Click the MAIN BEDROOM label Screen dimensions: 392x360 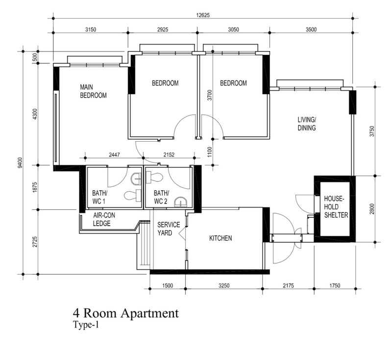[93, 91]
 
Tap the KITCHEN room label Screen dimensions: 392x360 [220, 238]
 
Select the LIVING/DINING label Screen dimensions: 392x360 [307, 124]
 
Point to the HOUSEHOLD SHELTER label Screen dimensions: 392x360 [336, 207]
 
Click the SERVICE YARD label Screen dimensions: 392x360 [169, 229]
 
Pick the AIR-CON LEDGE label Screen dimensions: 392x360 [104, 219]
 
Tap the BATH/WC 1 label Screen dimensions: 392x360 [100, 197]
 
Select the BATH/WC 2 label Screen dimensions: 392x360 [161, 197]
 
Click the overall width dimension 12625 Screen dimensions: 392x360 [203, 15]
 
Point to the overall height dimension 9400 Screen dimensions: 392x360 [20, 163]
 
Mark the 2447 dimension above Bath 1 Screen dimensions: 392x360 [114, 155]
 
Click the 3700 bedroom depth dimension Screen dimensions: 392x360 [210, 95]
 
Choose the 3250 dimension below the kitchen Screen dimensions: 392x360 [224, 285]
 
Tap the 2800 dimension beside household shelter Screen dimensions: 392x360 [372, 209]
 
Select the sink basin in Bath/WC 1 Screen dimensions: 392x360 [137, 179]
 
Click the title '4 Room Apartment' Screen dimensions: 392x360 [126, 313]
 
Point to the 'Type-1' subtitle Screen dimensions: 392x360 [86, 325]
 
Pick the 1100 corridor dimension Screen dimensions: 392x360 [210, 152]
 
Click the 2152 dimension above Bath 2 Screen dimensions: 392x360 [169, 155]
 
